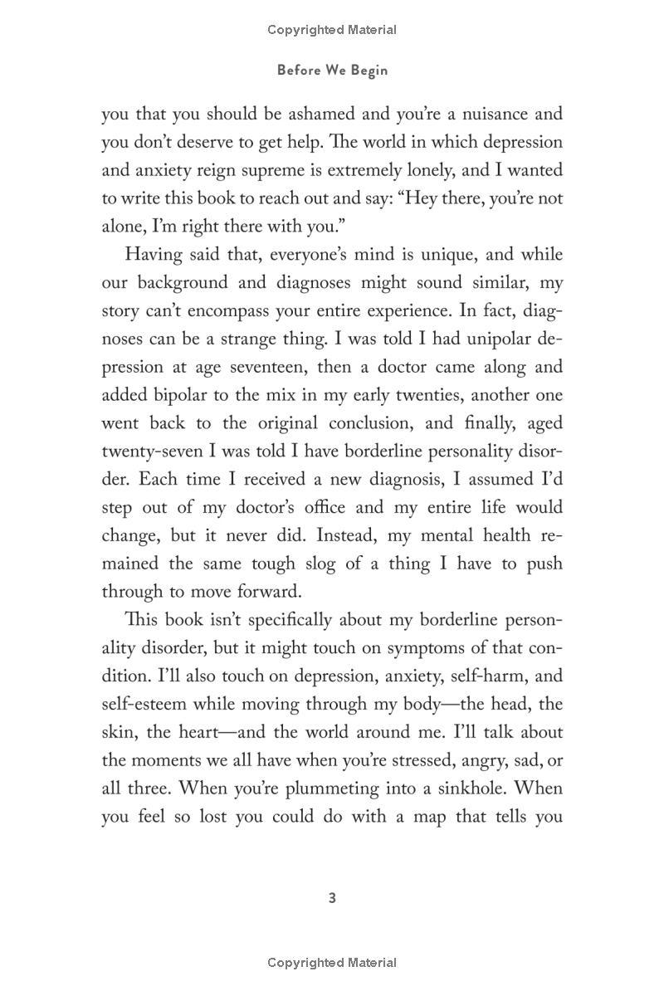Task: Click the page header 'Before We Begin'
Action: point(332,71)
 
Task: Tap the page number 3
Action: point(332,898)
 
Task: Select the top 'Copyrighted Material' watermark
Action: point(332,30)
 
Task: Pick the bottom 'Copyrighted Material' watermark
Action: point(332,963)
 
